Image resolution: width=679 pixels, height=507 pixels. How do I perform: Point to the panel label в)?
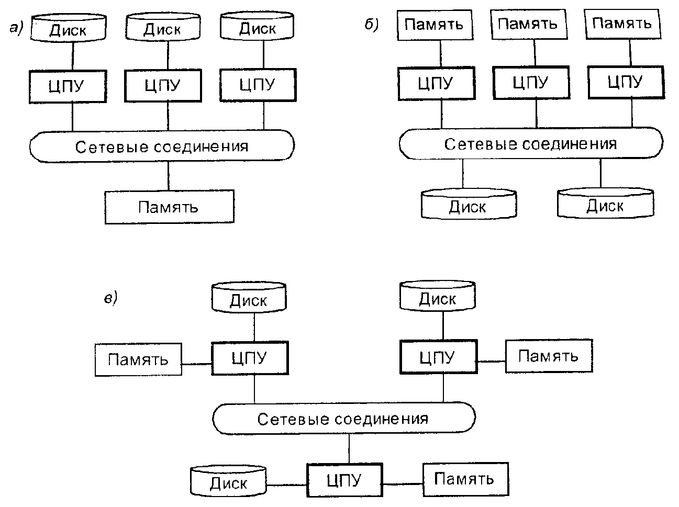110,298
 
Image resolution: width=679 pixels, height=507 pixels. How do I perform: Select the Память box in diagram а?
169,207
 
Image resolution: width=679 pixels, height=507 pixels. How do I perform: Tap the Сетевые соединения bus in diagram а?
162,146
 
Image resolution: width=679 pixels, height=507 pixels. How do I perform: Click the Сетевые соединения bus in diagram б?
531,144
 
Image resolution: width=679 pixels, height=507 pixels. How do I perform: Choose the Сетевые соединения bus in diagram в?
344,419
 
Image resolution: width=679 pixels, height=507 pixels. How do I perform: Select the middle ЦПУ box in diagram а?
163,85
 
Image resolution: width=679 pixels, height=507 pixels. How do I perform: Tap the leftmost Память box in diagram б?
435,25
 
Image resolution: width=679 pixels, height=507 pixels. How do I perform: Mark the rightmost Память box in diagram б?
622,24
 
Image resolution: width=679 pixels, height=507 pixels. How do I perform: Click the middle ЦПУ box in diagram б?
530,83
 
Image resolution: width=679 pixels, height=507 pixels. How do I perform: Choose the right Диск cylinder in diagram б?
605,204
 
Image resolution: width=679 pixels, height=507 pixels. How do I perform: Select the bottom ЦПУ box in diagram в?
344,479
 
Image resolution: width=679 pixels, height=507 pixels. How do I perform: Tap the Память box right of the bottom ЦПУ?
464,479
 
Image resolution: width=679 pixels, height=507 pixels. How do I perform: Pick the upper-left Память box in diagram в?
138,359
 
